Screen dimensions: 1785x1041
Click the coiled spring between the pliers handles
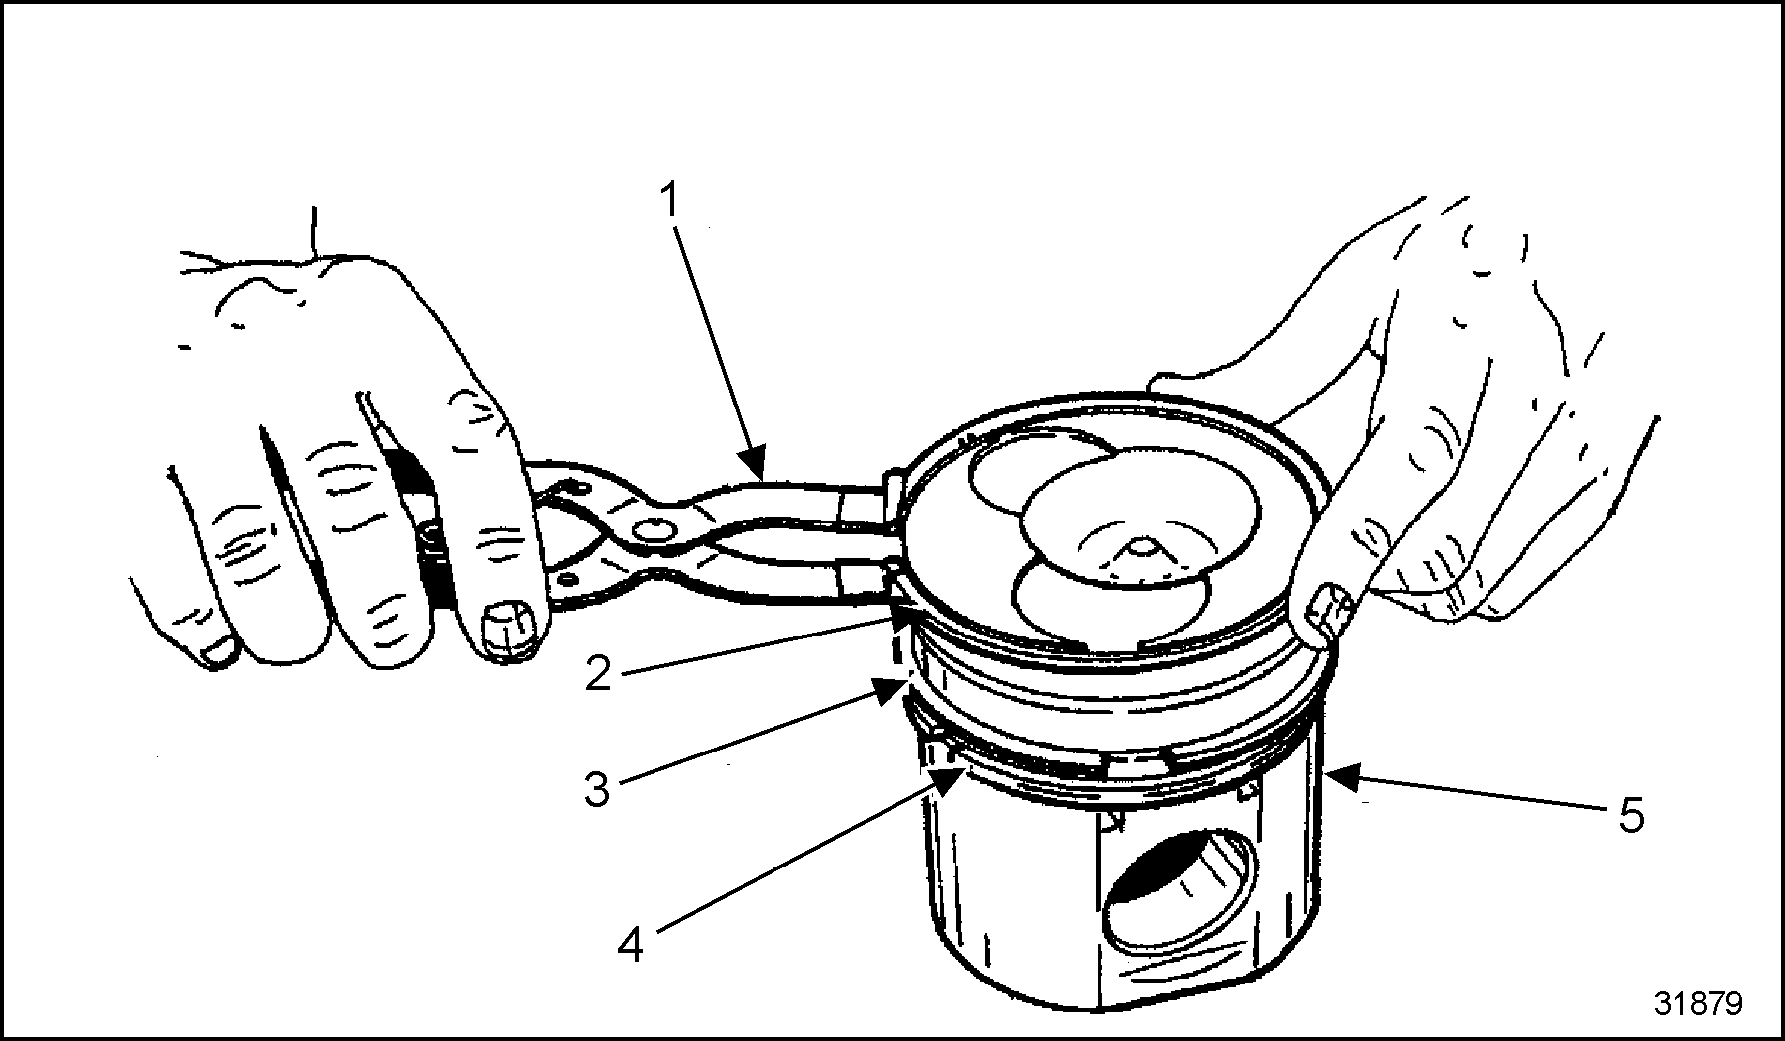433,555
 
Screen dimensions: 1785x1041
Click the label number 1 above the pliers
671,200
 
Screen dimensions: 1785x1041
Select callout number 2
598,676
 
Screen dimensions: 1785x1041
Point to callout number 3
597,790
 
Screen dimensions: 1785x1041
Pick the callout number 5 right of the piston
1630,816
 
